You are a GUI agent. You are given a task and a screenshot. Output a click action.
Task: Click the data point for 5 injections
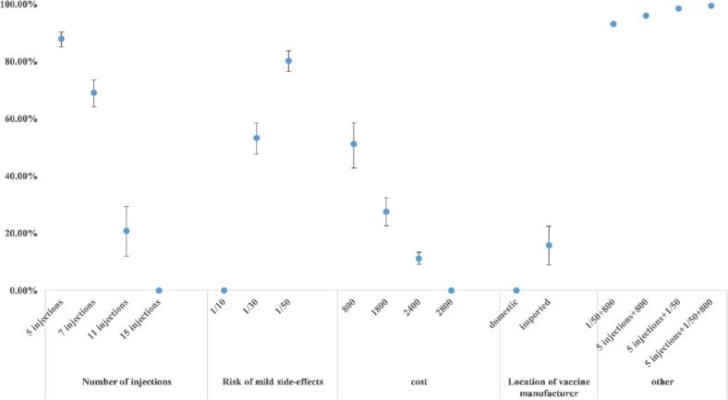(61, 39)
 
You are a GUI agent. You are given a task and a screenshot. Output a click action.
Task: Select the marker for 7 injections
(94, 92)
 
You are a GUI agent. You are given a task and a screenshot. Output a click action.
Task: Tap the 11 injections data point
(127, 231)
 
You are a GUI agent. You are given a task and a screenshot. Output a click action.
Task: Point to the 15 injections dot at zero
(159, 290)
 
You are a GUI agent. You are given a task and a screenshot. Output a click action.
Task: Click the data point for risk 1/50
(288, 61)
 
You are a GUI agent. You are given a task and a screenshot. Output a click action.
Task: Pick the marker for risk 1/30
(256, 139)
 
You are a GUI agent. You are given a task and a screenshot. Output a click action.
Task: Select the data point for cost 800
(354, 144)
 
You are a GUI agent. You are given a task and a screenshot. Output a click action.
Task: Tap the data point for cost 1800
(386, 212)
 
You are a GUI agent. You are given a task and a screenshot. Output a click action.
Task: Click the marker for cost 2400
(419, 259)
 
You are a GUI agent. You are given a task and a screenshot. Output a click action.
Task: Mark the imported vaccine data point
(549, 246)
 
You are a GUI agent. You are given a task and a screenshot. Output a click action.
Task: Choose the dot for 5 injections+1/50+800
(710, 6)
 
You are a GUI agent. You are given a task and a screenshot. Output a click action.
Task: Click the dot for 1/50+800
(613, 24)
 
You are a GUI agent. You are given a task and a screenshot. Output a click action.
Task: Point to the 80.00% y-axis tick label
(18, 62)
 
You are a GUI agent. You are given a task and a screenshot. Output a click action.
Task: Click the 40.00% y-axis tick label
(18, 176)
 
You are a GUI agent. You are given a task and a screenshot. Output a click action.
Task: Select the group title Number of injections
(127, 382)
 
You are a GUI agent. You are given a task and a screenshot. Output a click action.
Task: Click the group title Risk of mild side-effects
(273, 382)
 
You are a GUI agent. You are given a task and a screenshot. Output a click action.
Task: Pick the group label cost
(419, 382)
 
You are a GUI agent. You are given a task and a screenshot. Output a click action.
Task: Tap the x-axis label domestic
(503, 313)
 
